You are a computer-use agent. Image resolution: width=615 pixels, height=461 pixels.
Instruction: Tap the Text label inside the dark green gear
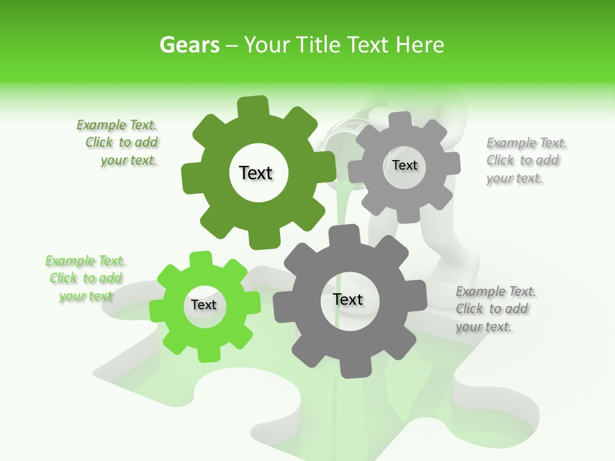[256, 173]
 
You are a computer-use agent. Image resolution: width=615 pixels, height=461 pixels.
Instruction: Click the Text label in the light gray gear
[404, 165]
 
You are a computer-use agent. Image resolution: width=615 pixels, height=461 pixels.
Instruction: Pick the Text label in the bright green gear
[204, 305]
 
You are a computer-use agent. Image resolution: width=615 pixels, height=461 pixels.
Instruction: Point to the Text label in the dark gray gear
[347, 299]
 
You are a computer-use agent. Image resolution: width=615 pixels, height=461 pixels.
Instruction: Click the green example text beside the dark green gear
[119, 143]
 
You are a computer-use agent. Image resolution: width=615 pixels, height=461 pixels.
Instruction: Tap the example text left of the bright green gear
[86, 278]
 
